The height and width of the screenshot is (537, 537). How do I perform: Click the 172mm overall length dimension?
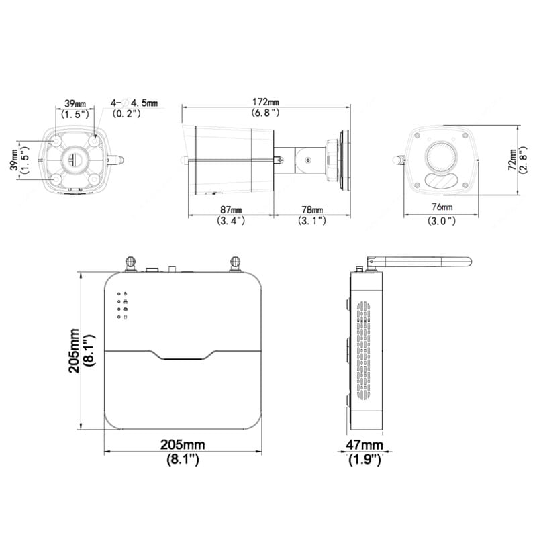(x=266, y=102)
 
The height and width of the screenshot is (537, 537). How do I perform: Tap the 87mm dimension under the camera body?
(x=231, y=209)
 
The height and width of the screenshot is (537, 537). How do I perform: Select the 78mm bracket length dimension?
(x=312, y=209)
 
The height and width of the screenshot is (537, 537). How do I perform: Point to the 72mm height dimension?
(x=512, y=160)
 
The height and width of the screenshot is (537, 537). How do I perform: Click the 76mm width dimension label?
(x=442, y=207)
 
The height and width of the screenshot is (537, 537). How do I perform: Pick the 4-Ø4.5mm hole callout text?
(x=134, y=103)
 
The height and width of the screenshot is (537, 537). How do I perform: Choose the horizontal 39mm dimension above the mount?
(x=75, y=103)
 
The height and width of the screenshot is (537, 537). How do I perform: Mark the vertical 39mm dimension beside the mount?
(x=14, y=160)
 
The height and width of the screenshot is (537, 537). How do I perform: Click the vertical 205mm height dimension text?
(x=74, y=350)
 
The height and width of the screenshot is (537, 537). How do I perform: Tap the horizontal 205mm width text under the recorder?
(x=183, y=444)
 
